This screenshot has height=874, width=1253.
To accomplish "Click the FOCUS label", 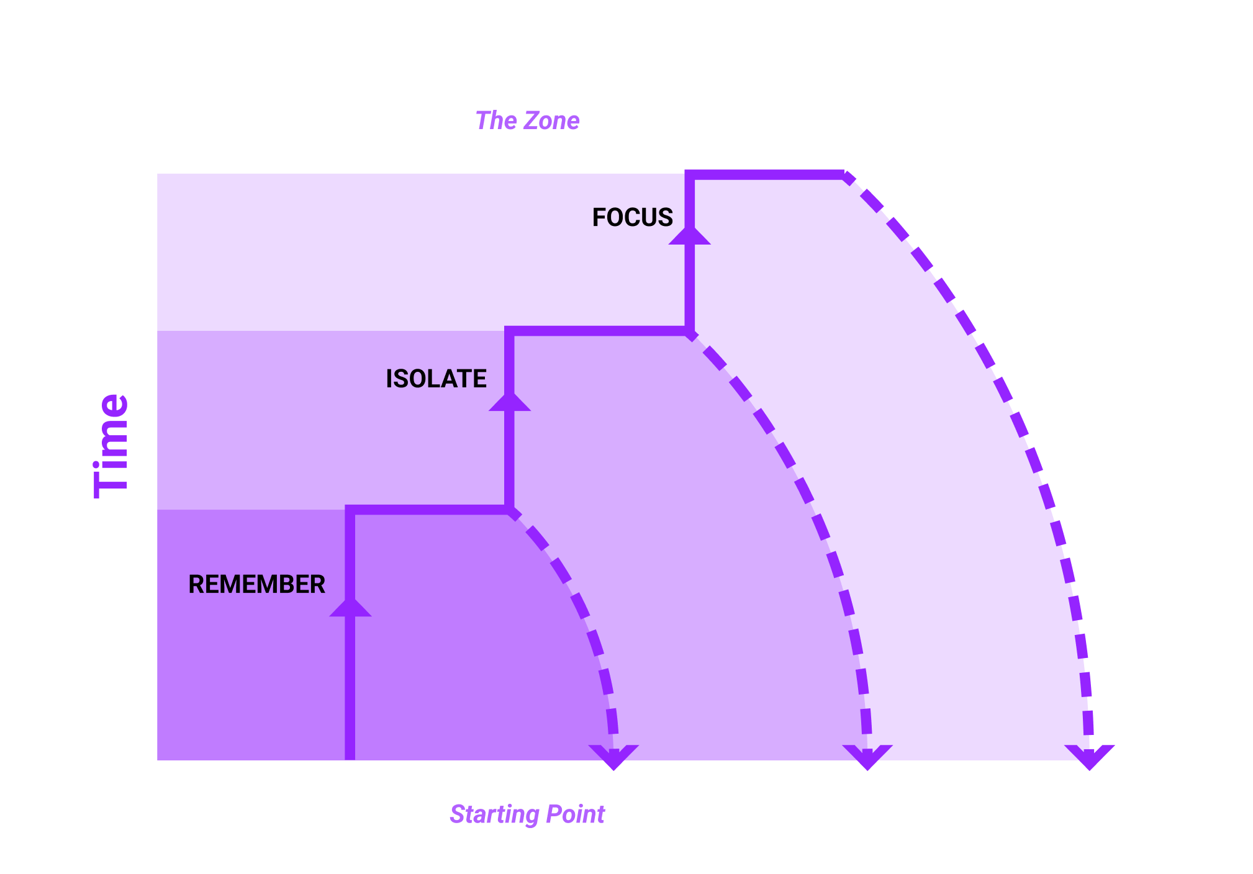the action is tap(632, 217).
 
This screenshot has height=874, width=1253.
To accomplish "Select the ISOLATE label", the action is tap(436, 379).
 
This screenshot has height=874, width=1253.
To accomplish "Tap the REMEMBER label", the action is tap(256, 584).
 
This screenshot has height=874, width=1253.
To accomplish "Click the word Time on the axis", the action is tap(112, 446).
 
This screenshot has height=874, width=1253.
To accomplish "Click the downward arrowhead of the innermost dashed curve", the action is tap(613, 757).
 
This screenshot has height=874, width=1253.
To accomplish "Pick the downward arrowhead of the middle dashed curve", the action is tap(867, 757).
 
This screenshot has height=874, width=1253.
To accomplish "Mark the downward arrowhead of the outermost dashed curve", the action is tap(1089, 757).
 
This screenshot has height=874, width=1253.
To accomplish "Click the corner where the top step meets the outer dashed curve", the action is tap(844, 175).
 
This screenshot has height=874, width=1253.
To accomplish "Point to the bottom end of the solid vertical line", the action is tap(350, 759).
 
